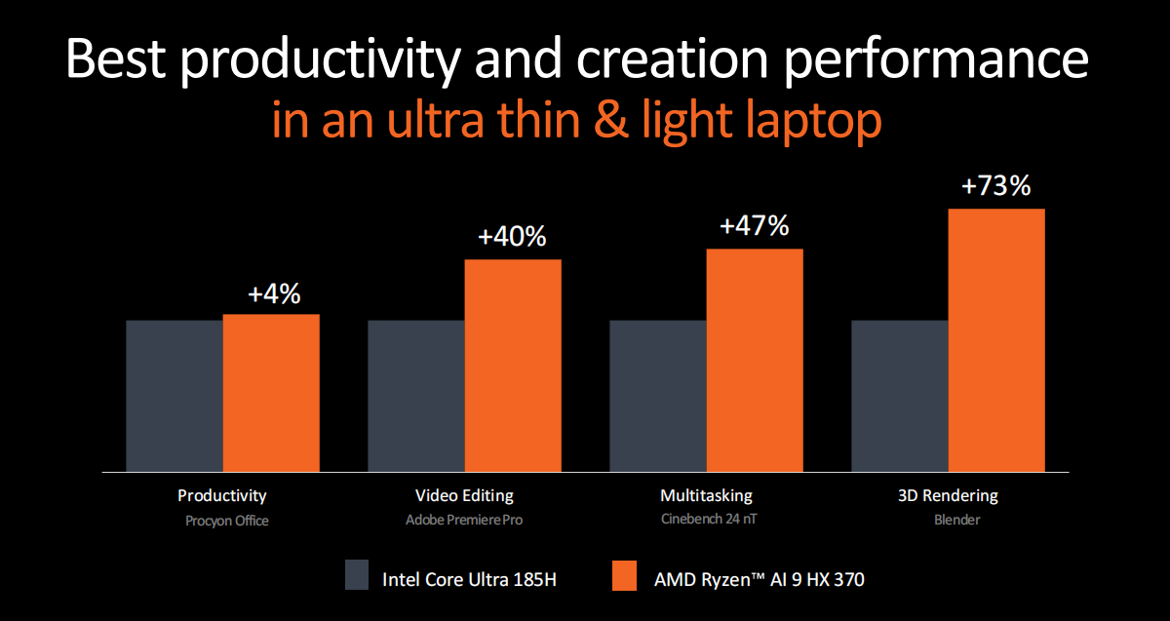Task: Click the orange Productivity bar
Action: [x=271, y=393]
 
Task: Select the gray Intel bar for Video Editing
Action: [x=416, y=396]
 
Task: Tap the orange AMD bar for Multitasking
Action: [x=755, y=361]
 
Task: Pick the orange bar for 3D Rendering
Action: [x=996, y=340]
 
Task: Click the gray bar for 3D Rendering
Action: [x=900, y=396]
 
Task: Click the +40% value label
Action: [x=512, y=237]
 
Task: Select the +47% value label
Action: [x=754, y=226]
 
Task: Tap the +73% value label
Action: [x=995, y=185]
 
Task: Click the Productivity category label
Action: [x=222, y=495]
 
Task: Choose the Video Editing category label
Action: [x=464, y=495]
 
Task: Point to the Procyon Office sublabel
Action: [x=227, y=521]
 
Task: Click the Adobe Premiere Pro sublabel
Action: [x=464, y=521]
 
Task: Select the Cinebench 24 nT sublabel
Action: [x=706, y=521]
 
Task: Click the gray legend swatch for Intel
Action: [x=357, y=575]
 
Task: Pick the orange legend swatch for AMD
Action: [x=624, y=575]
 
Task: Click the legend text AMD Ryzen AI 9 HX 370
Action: [x=759, y=580]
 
